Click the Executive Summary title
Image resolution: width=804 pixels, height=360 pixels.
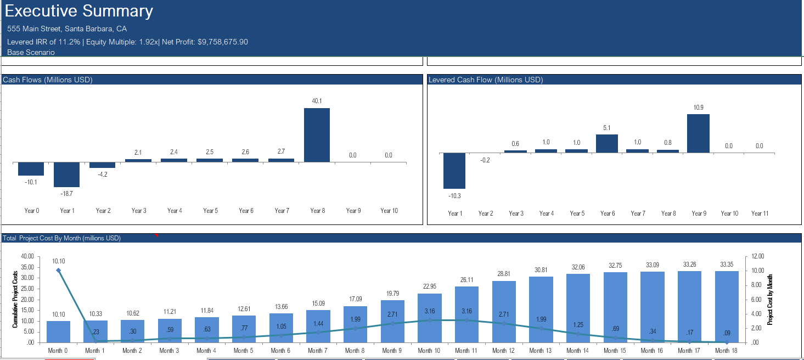80,12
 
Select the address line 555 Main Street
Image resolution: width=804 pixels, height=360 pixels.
67,29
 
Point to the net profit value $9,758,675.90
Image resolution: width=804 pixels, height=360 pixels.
218,42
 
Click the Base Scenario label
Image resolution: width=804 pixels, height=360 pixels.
31,52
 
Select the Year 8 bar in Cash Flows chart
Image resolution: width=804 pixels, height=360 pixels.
317,135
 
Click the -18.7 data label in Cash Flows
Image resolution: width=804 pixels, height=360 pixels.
67,194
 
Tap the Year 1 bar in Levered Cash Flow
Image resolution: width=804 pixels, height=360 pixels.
454,171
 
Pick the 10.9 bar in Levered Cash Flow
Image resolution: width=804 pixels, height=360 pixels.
698,133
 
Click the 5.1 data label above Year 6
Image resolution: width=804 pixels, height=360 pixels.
607,128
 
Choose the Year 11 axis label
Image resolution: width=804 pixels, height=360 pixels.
760,213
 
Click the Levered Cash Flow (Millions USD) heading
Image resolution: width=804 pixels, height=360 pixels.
486,80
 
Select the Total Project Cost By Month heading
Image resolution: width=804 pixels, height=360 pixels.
61,238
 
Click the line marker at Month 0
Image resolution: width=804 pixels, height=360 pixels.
58,270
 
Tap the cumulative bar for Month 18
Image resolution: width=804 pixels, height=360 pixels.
726,306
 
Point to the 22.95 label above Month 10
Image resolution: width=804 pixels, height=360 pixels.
429,286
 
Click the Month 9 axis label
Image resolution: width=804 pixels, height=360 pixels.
392,351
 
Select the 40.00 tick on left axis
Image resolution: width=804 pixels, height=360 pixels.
27,256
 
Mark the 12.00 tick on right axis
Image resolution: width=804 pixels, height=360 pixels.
758,256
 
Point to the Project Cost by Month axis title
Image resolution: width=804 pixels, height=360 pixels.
771,299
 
